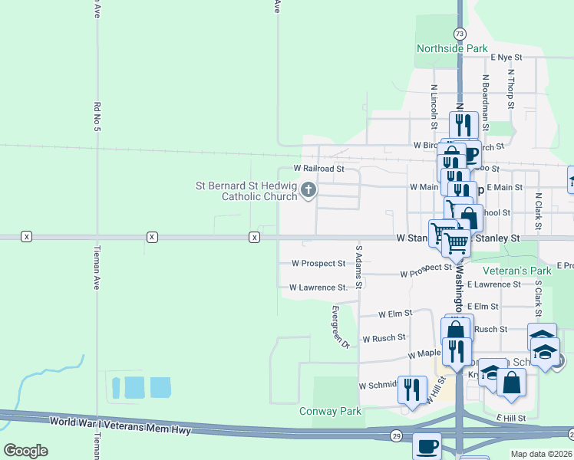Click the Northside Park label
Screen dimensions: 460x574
[x=452, y=48]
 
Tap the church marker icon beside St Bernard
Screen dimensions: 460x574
[x=308, y=189]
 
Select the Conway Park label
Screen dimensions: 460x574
[x=330, y=411]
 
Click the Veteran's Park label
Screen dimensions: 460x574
[x=517, y=271]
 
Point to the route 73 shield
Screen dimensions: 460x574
[x=459, y=34]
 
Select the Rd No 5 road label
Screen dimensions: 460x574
[x=97, y=115]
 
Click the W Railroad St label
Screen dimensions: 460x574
[x=319, y=168]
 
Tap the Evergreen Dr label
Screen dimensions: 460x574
[x=340, y=327]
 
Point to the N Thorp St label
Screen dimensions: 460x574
[x=510, y=87]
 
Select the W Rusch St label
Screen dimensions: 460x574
[x=383, y=338]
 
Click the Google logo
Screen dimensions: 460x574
[x=25, y=451]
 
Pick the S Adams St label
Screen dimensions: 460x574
[x=358, y=261]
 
